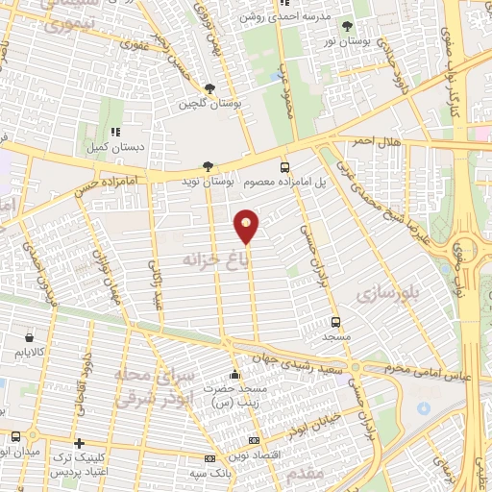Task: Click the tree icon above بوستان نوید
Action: pos(209,165)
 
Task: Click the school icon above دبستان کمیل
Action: pos(114,133)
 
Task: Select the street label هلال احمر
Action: pos(378,142)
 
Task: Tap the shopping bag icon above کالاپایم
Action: pos(30,338)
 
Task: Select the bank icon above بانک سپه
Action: pos(210,459)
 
